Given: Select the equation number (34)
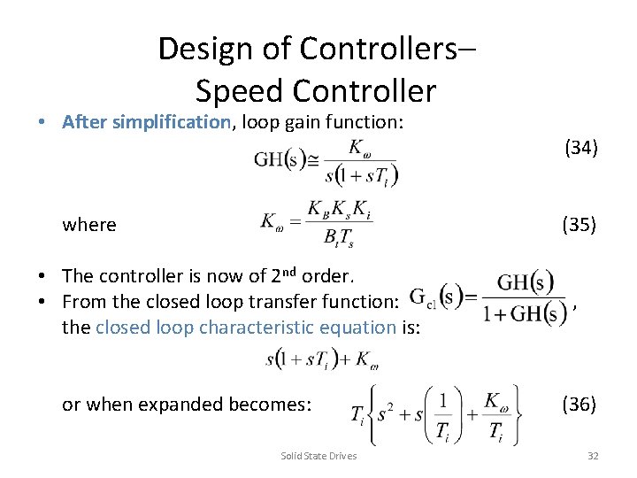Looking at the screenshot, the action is tap(581, 148).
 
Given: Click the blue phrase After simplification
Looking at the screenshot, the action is tap(146, 122).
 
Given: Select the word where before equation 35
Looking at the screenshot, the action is tap(89, 225).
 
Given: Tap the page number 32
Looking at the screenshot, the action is tap(593, 456).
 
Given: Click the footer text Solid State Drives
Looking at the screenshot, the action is tap(318, 456).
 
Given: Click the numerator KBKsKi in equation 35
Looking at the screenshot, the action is tap(338, 210).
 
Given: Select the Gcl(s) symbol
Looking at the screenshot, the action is tap(440, 296).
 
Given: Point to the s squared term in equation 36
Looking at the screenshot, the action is tap(382, 414).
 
